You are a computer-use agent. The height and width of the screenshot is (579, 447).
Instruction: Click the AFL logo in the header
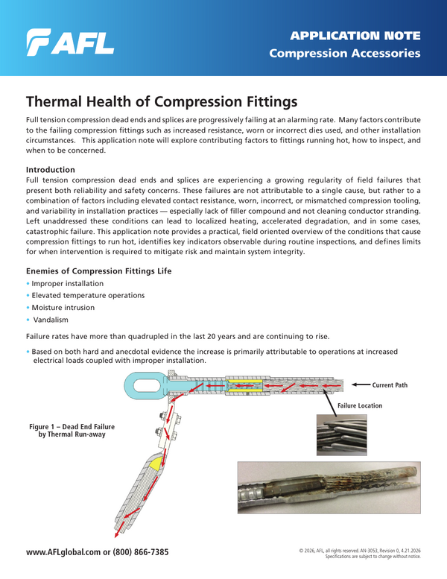coord(70,43)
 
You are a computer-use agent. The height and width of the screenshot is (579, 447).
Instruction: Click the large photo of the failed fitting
coord(329,487)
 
